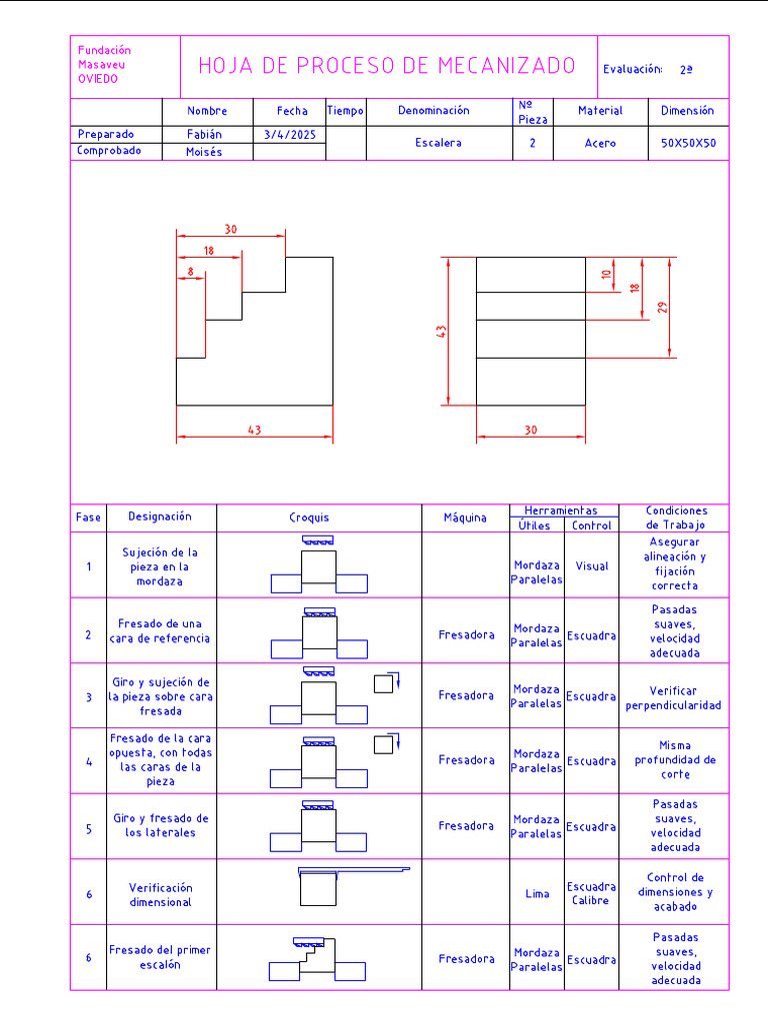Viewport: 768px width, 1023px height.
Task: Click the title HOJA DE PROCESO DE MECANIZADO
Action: pos(387,66)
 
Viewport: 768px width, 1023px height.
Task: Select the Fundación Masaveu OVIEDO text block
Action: pos(104,65)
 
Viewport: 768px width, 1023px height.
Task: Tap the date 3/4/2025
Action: pos(289,134)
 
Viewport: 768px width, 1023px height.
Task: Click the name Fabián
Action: pos(205,134)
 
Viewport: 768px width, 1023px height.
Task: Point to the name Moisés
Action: pos(205,152)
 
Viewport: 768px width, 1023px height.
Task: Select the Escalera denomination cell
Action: pos(438,143)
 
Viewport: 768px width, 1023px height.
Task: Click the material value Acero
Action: pos(600,143)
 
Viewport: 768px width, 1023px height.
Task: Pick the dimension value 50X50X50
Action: pos(688,143)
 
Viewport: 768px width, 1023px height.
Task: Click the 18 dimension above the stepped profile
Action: pos(208,251)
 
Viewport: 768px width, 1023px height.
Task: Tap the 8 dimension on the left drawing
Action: pos(190,271)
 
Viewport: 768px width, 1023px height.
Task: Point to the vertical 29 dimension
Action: pos(662,307)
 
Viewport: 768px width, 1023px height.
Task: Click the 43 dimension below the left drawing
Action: pos(254,431)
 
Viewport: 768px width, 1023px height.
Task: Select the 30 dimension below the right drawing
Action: pos(530,431)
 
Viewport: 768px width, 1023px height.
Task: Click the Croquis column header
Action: pos(309,517)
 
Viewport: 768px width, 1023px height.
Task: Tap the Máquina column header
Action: pos(465,517)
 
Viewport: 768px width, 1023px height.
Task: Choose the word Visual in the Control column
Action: pos(592,566)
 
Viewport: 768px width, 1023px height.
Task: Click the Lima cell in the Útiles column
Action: pos(537,894)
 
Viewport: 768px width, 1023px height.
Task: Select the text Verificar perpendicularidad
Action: pos(673,697)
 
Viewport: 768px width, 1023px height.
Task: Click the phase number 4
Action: pos(88,761)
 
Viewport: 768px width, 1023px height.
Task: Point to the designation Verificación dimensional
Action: pos(160,894)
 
